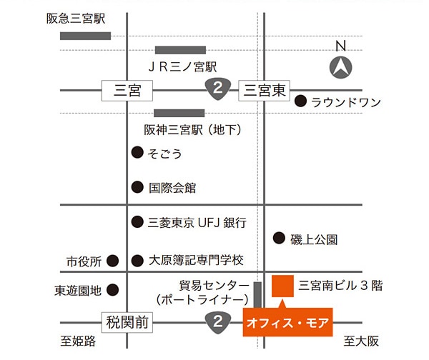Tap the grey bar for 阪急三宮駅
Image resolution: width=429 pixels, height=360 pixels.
85,36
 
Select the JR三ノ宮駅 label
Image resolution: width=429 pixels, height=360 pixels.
182,67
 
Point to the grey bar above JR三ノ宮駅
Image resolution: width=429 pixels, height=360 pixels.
180,50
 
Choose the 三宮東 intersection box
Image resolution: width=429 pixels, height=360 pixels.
265,90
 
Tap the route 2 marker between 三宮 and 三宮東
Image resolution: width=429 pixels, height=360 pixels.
217,89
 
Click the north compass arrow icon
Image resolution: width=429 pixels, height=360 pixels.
341,69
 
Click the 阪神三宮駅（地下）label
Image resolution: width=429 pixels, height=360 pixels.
192,129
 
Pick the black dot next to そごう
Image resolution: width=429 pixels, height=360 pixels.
137,153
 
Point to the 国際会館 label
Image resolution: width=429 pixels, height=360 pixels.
172,189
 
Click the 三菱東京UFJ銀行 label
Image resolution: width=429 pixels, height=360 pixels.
197,223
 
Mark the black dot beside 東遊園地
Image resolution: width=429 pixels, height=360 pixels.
112,291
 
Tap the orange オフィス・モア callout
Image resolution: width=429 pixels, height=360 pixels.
287,323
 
